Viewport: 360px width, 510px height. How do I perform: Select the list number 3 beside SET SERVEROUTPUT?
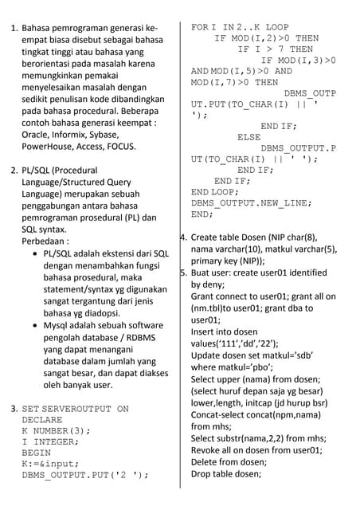click(x=13, y=409)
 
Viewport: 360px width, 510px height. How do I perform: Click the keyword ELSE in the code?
click(x=249, y=136)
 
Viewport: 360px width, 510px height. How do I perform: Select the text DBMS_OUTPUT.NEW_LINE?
click(x=251, y=203)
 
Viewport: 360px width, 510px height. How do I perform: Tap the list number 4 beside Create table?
click(x=184, y=237)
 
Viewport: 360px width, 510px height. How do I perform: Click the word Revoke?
click(x=209, y=450)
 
